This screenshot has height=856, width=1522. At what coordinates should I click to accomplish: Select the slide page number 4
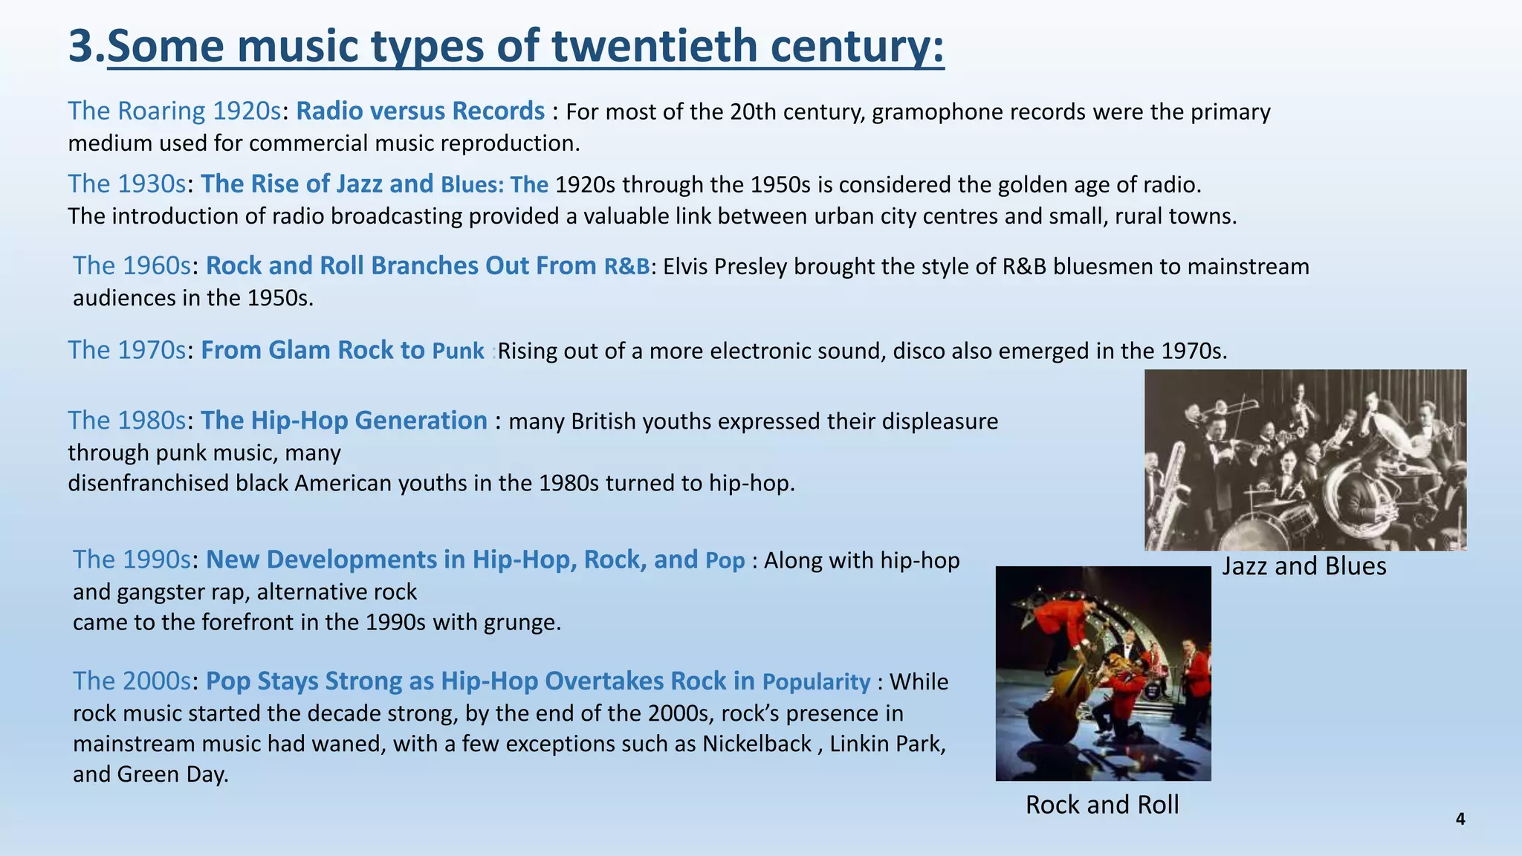[x=1460, y=819]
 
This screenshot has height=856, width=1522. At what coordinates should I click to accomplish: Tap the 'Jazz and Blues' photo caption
[x=1304, y=566]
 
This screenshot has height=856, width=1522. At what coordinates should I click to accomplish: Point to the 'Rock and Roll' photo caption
[x=1102, y=805]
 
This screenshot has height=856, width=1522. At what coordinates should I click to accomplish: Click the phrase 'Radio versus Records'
[x=420, y=111]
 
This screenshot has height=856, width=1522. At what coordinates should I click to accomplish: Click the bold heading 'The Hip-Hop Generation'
[x=344, y=421]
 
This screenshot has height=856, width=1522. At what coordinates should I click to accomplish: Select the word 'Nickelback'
[x=757, y=744]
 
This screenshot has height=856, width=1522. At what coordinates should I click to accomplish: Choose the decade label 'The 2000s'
[x=132, y=681]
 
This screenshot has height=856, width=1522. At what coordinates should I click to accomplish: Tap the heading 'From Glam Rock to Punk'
[x=343, y=350]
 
